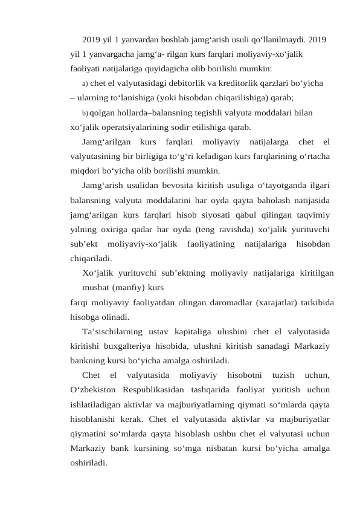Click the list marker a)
point(85,83)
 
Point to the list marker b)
point(85,112)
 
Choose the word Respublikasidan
point(160,390)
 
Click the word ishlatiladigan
point(97,404)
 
